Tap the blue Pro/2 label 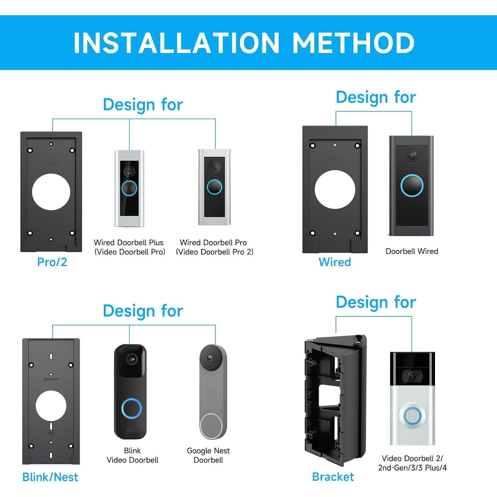pos(52,262)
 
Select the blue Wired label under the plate pos(335,262)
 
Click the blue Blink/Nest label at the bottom pos(50,477)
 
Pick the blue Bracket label pos(333,476)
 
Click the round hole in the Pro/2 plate pos(51,192)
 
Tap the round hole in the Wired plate pos(335,190)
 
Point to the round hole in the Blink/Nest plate pos(51,406)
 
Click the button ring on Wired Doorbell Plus pos(129,188)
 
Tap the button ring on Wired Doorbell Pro pos(214,187)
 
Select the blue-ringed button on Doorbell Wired pos(412,185)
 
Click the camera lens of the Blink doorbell pos(132,359)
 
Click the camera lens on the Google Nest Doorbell pos(210,358)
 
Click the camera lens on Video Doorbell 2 pos(412,376)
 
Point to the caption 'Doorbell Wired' pos(412,251)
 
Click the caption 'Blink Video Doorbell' pos(132,455)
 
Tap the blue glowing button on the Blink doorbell pos(132,409)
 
